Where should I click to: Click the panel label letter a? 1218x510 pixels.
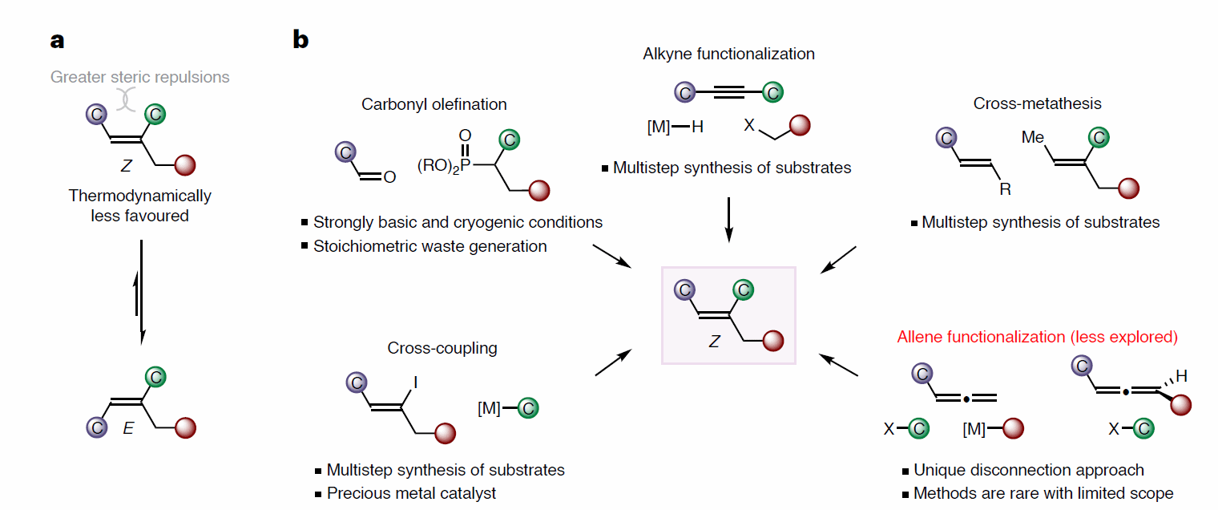click(x=57, y=41)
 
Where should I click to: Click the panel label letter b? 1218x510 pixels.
click(x=300, y=39)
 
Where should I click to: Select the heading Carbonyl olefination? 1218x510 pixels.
click(x=434, y=104)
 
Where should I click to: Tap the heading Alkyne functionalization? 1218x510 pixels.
click(x=728, y=55)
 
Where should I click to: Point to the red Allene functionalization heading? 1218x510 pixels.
click(x=1038, y=337)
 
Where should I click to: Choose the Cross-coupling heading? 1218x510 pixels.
click(x=442, y=348)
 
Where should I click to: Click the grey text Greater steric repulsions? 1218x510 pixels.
click(x=139, y=78)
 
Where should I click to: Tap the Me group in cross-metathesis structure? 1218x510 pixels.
click(x=1033, y=138)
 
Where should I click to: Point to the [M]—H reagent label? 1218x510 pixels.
click(x=676, y=126)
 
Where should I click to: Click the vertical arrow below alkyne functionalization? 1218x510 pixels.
click(x=728, y=217)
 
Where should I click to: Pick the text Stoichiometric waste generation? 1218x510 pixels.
click(x=430, y=246)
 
